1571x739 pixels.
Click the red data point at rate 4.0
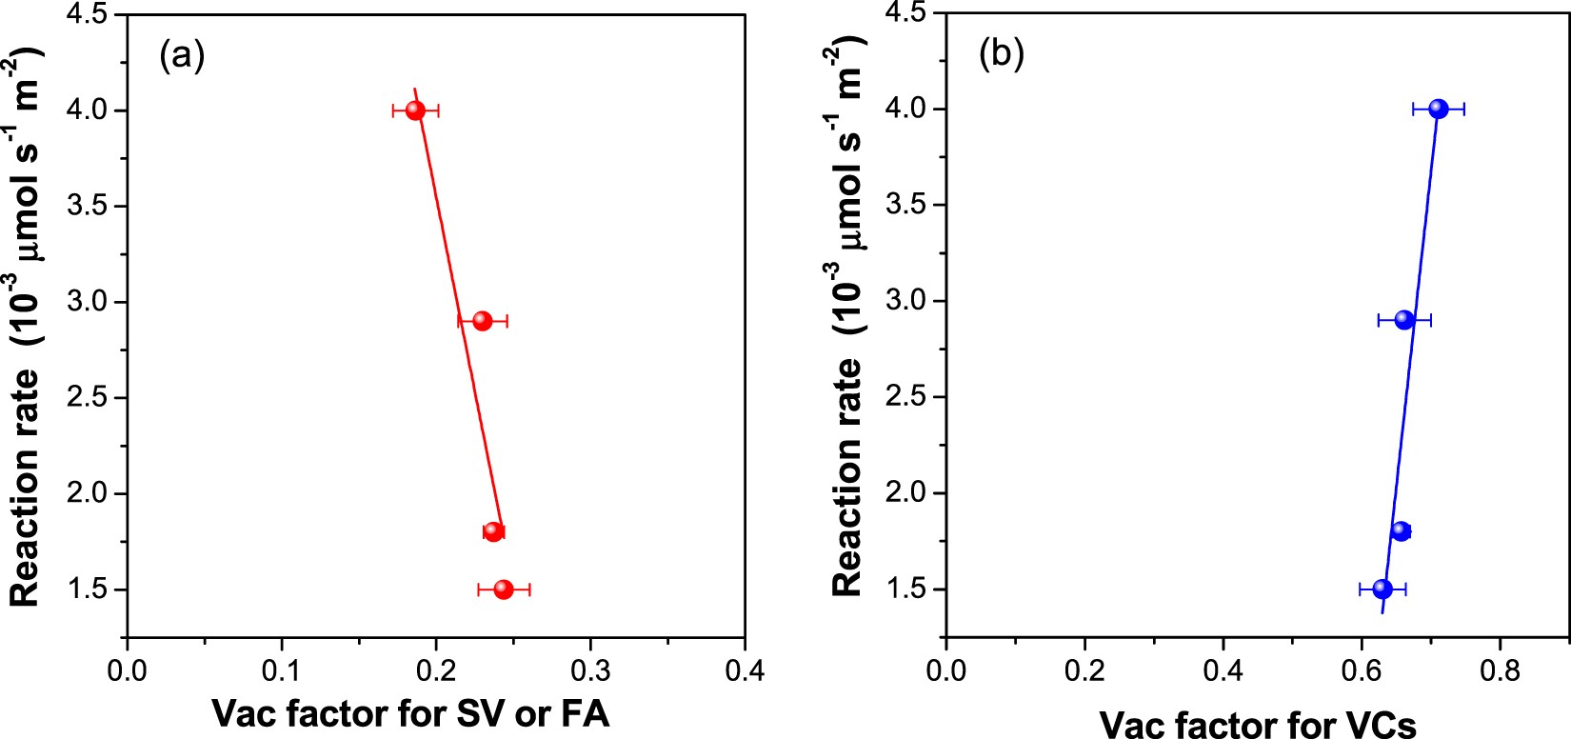coord(415,110)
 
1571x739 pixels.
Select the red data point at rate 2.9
coord(483,321)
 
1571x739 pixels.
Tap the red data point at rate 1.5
coord(504,589)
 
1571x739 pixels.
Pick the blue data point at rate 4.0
coord(1438,110)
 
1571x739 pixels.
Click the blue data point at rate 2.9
coord(1404,320)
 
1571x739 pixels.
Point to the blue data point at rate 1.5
coord(1382,589)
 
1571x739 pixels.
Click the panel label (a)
coord(182,56)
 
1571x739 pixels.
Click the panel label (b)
coord(1002,55)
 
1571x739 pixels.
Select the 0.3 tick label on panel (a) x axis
coord(590,671)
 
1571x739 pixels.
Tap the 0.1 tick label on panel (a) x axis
coord(282,671)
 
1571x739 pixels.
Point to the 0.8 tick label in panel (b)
coord(1500,671)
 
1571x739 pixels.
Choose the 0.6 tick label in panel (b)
coord(1362,671)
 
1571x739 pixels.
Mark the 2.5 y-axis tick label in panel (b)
coord(907,397)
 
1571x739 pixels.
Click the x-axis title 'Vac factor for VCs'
coord(1258,723)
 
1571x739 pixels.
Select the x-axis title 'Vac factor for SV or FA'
coord(410,713)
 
